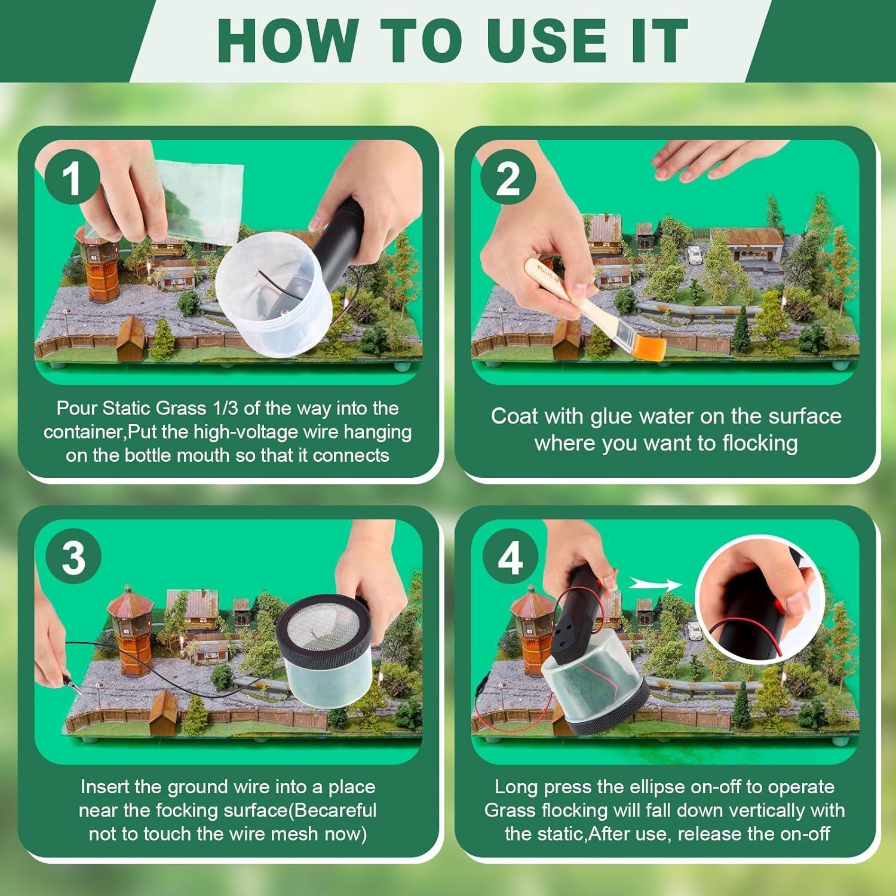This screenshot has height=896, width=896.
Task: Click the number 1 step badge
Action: point(73,177)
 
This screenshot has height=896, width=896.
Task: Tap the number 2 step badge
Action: point(508,177)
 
